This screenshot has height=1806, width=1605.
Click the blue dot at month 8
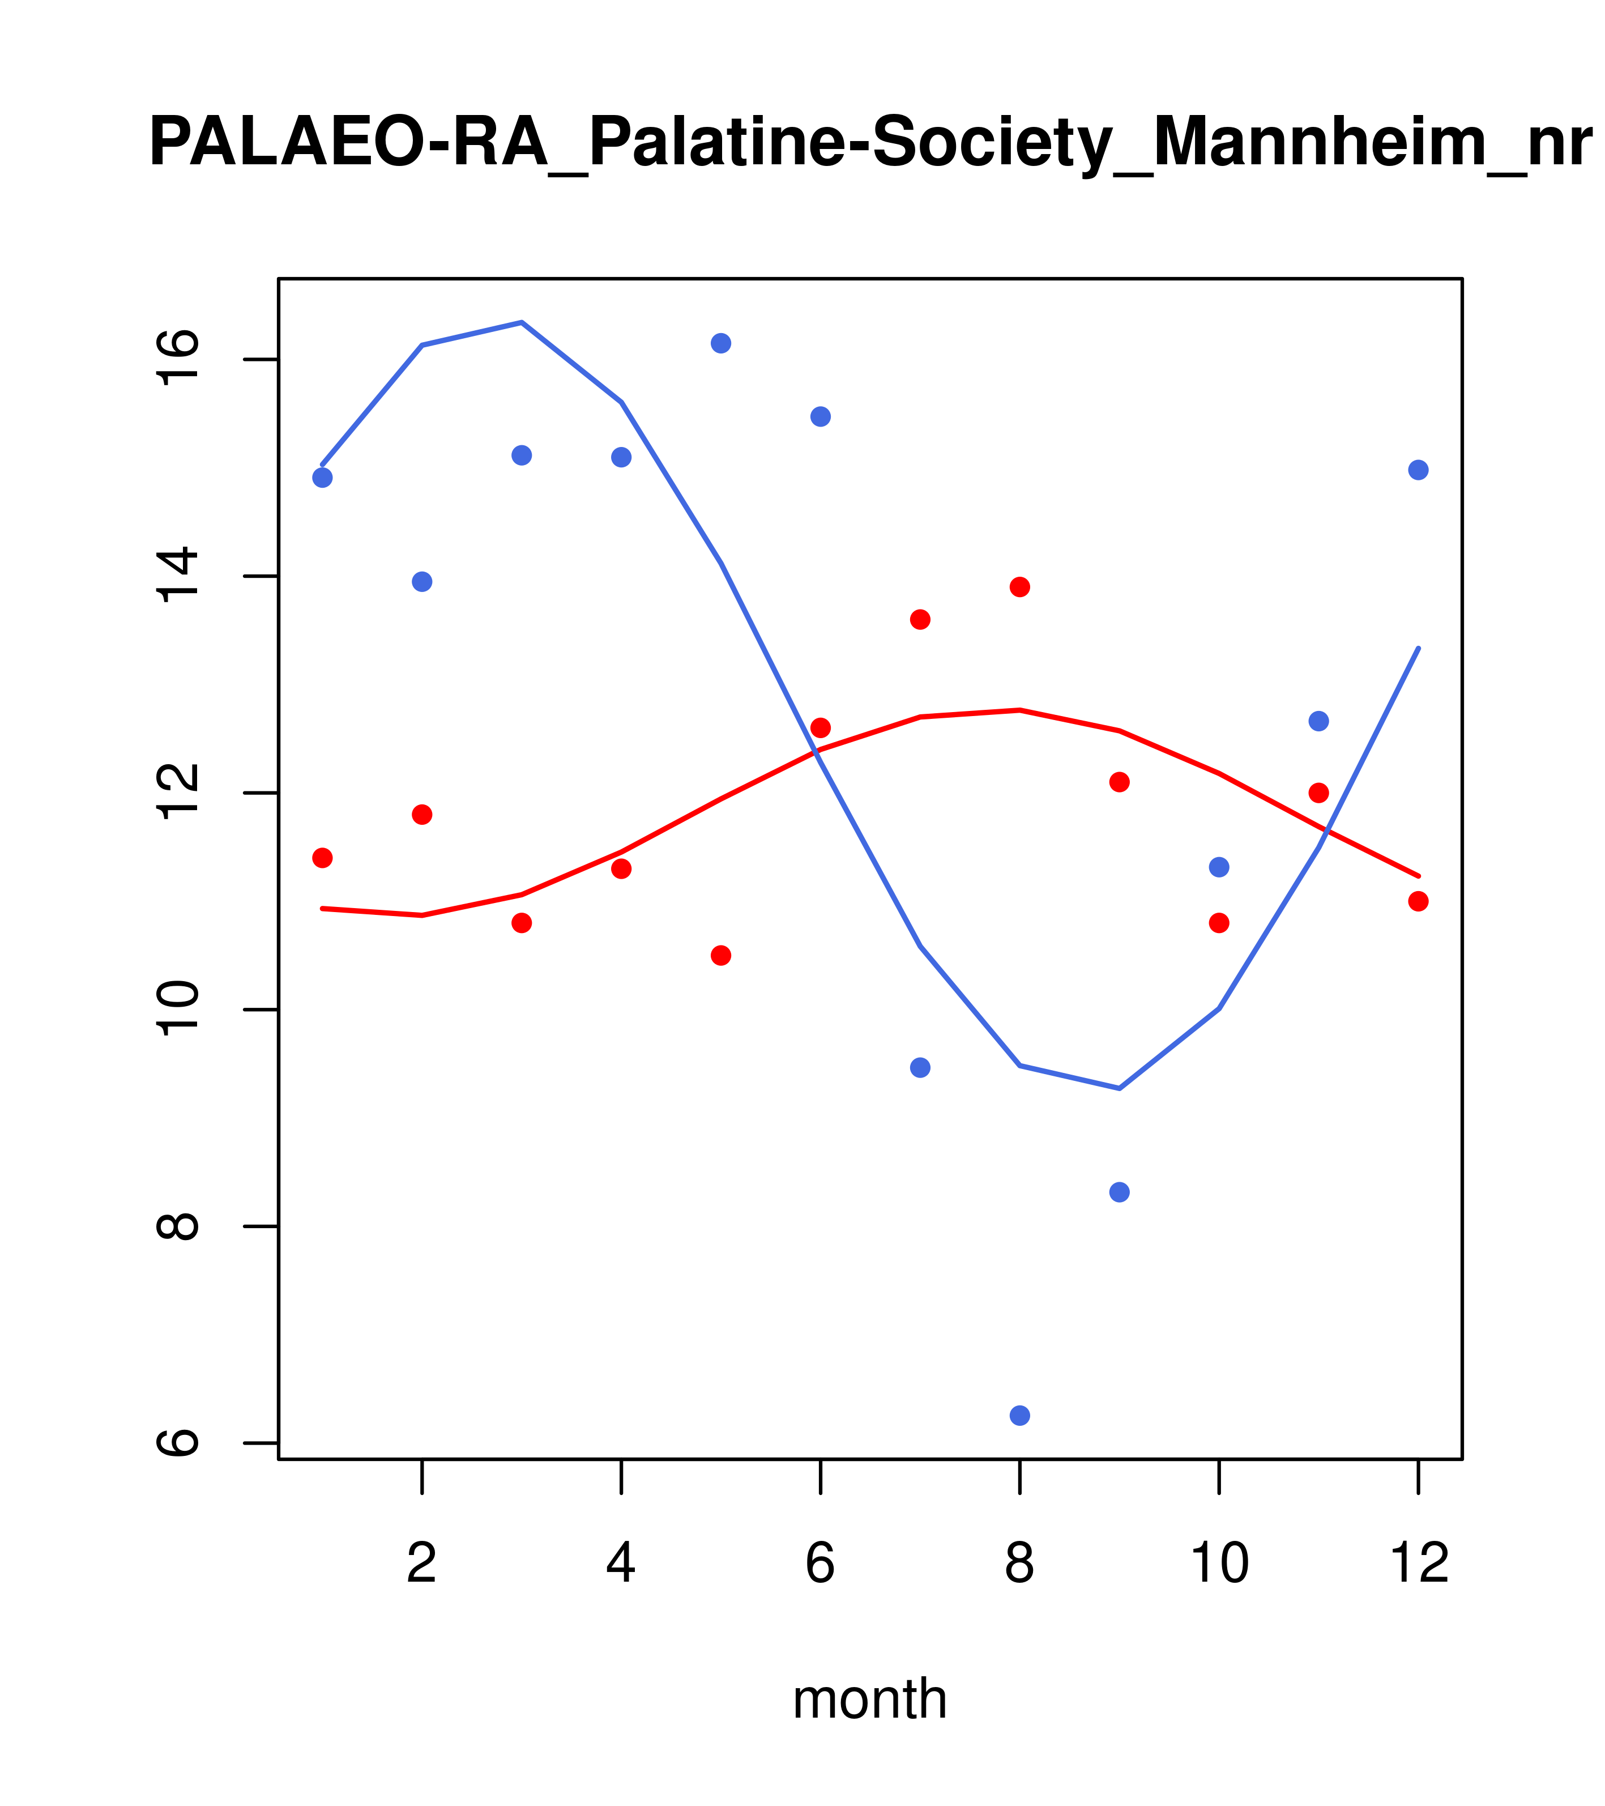coord(1019,1416)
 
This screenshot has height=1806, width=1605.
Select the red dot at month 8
coord(1019,587)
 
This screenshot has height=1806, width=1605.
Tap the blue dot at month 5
coord(721,343)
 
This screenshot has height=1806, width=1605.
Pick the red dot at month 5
coord(721,955)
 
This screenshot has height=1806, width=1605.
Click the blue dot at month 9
coord(1119,1192)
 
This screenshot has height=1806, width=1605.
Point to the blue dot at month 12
coord(1418,470)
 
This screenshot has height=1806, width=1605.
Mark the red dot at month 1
coord(322,858)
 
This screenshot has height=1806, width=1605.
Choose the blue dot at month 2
coord(422,581)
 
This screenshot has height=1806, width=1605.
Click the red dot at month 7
coord(920,619)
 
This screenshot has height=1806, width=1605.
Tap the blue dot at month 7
coord(920,1067)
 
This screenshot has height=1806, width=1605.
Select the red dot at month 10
coord(1219,922)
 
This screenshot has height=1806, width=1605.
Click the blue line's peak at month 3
coord(522,322)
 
